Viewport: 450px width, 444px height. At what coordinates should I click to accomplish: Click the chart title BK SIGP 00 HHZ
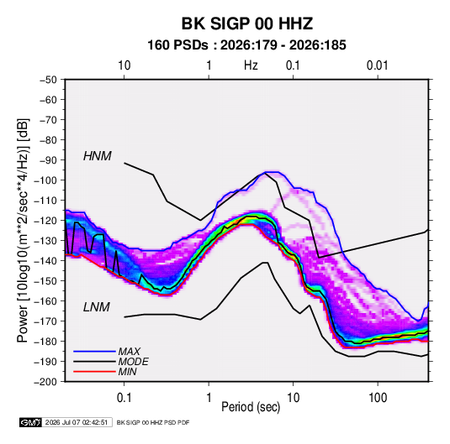pos(247,24)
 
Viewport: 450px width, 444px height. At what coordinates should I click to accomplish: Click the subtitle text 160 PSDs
pos(178,45)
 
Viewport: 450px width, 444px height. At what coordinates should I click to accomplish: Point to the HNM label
pos(98,156)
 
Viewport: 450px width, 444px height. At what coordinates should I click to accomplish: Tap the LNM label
pos(97,307)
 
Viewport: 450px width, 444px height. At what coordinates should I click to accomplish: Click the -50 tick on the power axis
pos(48,80)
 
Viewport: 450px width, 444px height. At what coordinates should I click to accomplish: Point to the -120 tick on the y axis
pos(45,221)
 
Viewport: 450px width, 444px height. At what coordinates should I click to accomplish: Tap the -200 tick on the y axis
pos(45,382)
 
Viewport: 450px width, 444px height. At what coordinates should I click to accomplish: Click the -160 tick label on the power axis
pos(45,301)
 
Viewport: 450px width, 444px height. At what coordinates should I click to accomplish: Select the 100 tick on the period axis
pos(378,398)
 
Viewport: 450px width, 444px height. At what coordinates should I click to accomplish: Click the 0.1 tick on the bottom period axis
pos(124,398)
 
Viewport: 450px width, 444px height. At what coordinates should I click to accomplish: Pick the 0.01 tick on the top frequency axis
pos(378,65)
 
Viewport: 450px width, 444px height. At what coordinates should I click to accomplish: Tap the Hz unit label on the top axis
pos(251,65)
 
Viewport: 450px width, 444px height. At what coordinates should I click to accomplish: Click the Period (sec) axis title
pos(251,407)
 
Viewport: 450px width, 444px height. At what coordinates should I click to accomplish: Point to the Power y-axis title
pos(23,230)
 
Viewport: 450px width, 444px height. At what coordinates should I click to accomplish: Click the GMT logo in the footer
pos(30,422)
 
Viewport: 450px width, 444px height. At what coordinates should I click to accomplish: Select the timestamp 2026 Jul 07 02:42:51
pos(77,422)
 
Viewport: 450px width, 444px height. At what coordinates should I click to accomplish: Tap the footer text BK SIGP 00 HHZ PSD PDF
pos(153,422)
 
